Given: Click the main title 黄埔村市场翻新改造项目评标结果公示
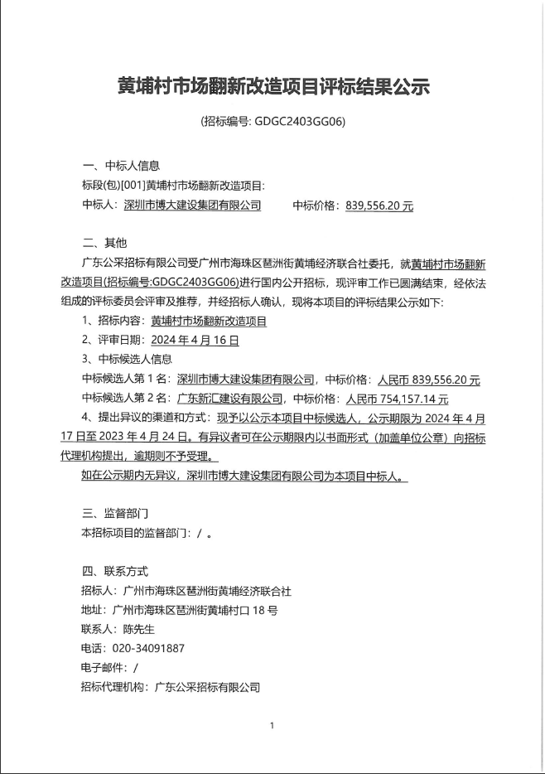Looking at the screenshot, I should [272, 85].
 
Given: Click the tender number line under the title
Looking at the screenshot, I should [272, 121].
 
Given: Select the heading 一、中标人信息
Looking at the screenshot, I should [121, 165].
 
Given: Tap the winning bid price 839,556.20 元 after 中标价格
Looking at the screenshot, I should [379, 205].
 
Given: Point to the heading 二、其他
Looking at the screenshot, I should [104, 244].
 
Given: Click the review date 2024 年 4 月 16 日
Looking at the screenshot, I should [195, 340].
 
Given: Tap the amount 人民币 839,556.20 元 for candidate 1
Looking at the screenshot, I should [428, 380].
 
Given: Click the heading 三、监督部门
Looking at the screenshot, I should [115, 514].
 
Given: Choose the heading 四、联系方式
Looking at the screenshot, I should [115, 571].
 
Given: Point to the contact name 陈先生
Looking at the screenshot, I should [138, 629].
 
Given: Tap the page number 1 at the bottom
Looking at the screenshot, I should [272, 726].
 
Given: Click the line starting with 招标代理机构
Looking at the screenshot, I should [171, 687].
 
